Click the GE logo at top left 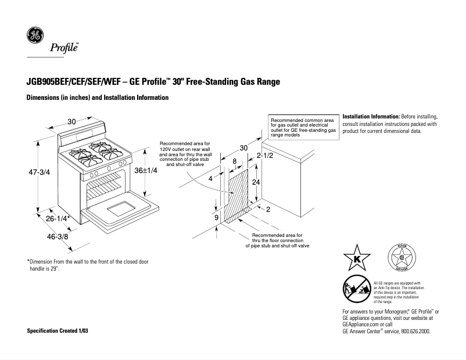click(35, 36)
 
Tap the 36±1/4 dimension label click(146, 171)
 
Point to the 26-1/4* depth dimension click(58, 219)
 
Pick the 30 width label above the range click(71, 121)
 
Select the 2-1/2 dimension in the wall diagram click(265, 157)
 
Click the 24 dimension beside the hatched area click(254, 182)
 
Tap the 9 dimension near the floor click(217, 218)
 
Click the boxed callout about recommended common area click(303, 127)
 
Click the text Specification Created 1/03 click(59, 331)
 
